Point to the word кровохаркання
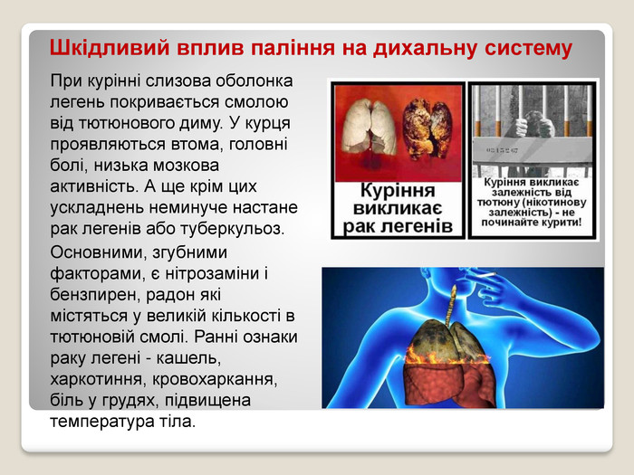215,380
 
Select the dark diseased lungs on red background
427,128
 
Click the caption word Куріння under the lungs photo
398,190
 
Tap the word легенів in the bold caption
419,226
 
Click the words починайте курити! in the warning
532,223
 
